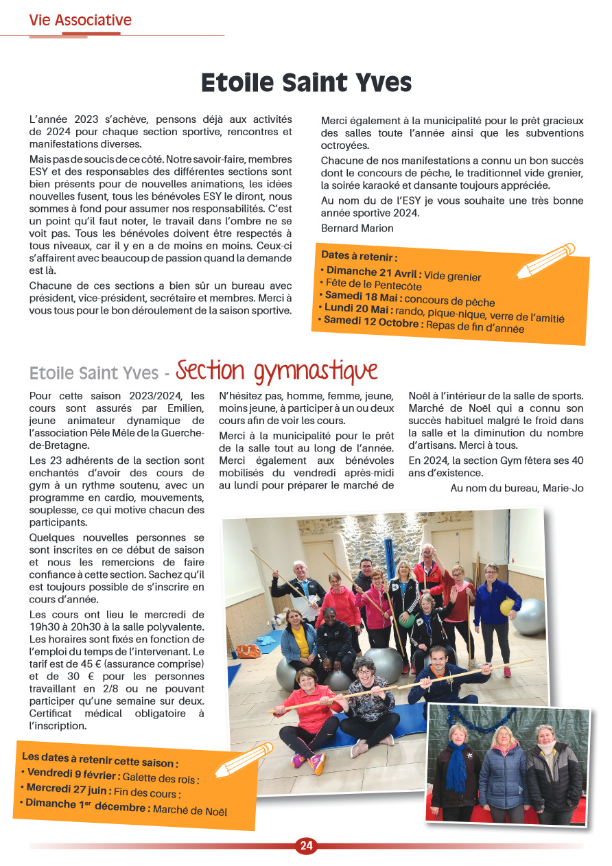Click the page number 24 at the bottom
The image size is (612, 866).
click(x=306, y=846)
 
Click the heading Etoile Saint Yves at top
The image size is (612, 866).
click(x=306, y=83)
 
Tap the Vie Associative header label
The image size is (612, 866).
click(x=80, y=21)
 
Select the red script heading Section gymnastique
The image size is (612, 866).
click(x=276, y=371)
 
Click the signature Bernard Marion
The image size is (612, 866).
click(x=357, y=228)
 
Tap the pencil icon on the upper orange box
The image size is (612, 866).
click(x=545, y=261)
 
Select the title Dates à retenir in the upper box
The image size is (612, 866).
click(x=359, y=257)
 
